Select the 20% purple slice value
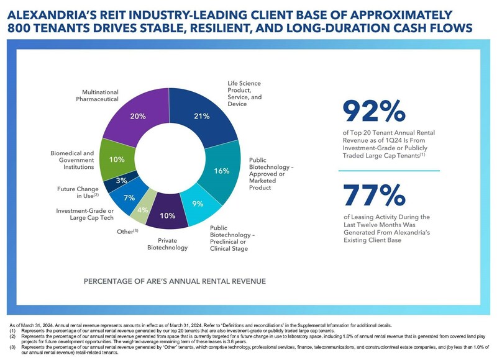138,116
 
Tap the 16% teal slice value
222,172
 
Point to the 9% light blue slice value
197,203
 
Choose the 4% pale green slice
142,210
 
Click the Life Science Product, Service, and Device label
244,93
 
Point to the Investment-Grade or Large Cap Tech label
85,214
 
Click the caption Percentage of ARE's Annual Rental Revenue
175,281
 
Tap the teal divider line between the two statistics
390,170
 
